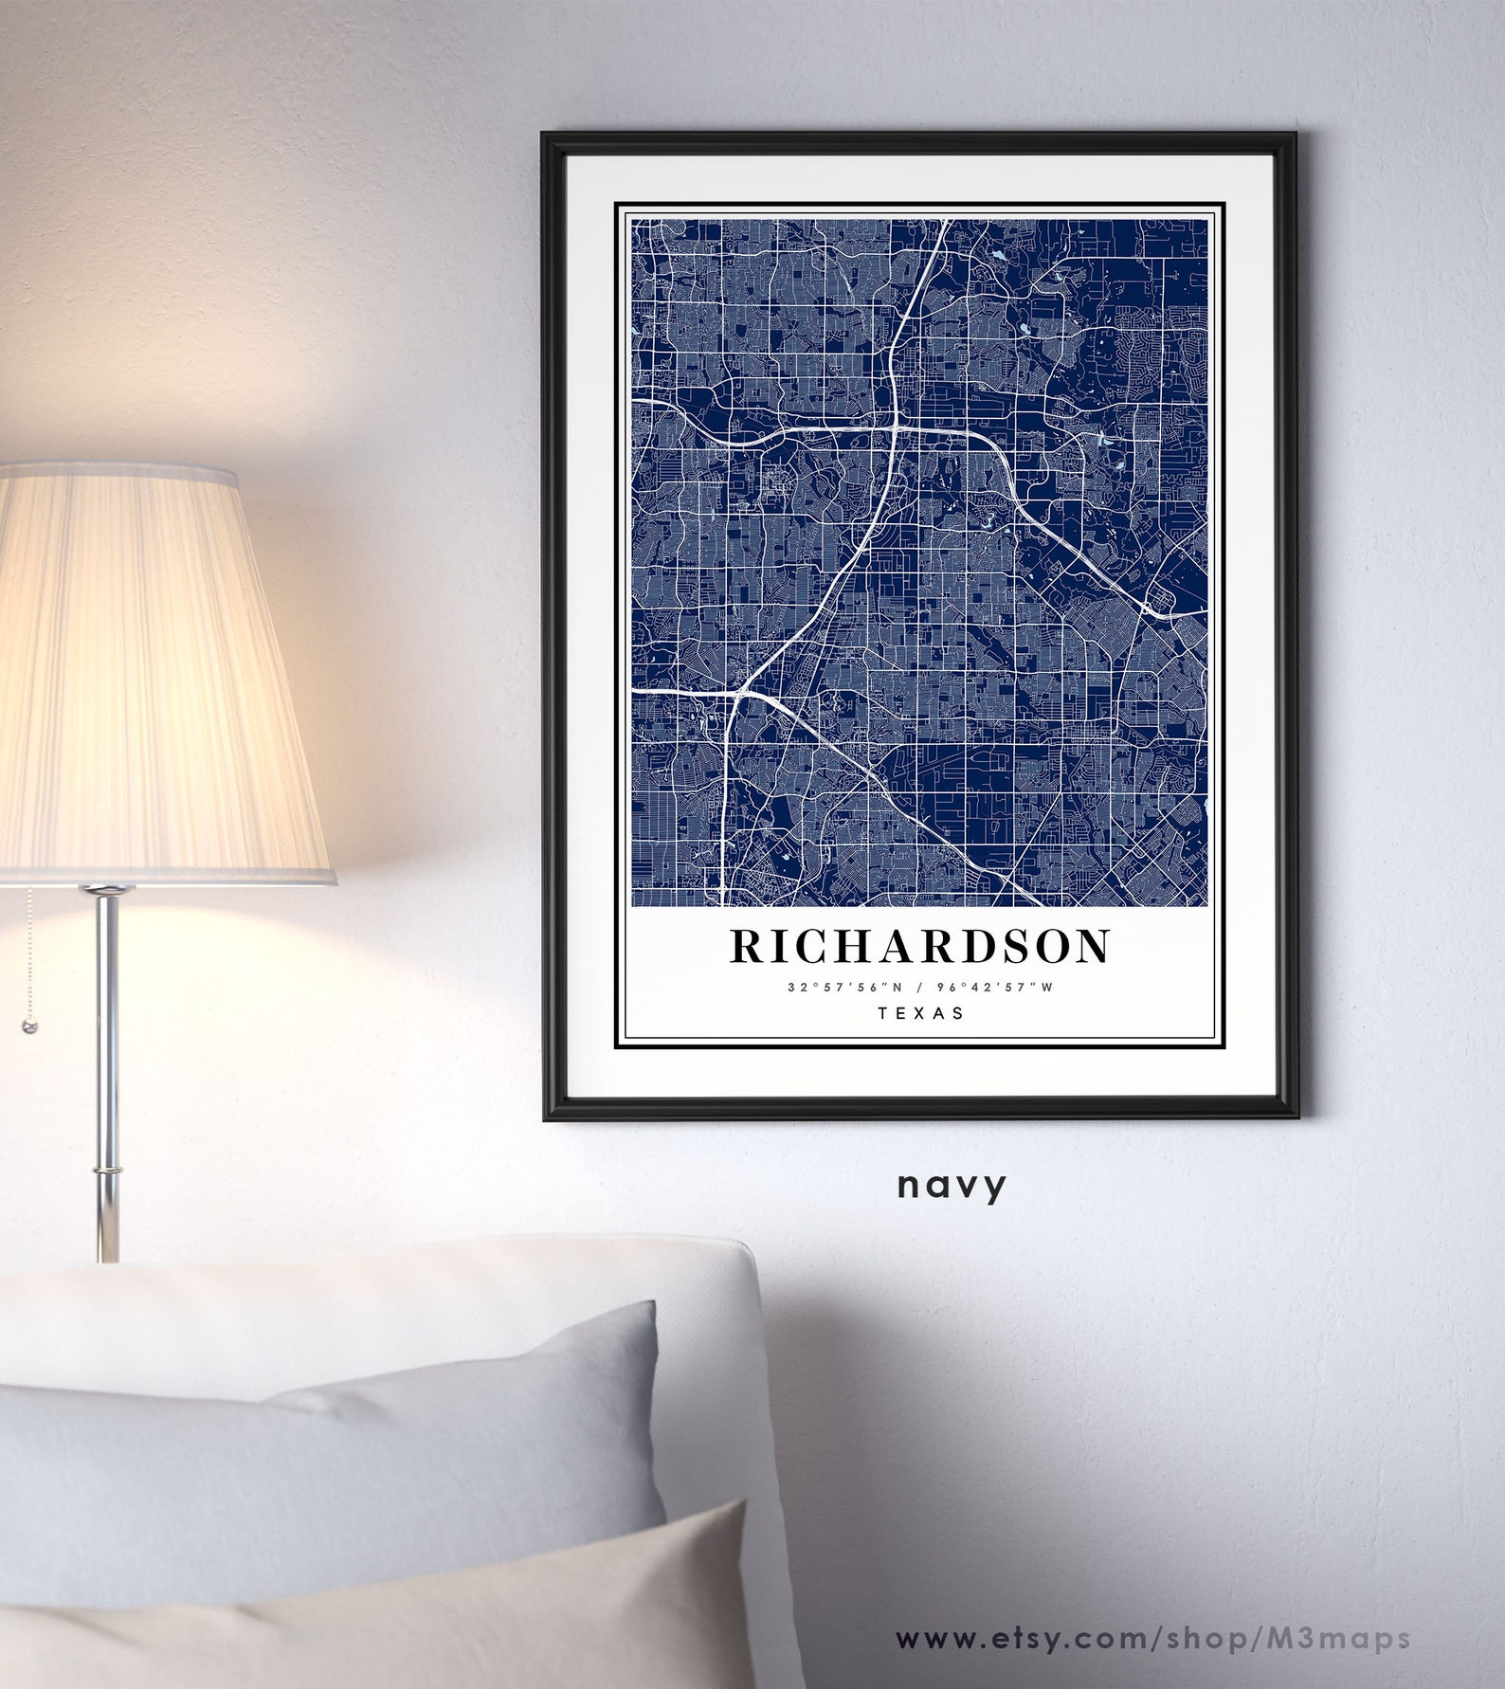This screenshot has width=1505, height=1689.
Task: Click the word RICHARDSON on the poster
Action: coord(920,946)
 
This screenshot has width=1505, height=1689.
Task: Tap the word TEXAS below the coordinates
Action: coord(920,1012)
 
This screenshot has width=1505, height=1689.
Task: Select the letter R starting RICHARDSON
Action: coord(745,946)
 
